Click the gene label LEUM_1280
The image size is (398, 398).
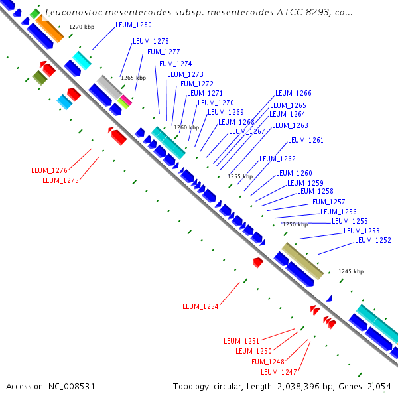point(133,25)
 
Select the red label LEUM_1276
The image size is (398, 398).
point(50,170)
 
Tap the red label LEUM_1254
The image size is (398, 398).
point(200,306)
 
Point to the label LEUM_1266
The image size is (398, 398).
point(293,94)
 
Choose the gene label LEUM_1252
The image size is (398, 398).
point(373,240)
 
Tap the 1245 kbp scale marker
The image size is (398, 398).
point(351,271)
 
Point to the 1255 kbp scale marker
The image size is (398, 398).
point(240,176)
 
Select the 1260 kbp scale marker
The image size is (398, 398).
point(186,127)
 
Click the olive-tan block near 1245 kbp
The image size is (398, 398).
point(302,261)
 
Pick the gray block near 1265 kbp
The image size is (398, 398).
point(108,87)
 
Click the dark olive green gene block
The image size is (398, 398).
point(40,78)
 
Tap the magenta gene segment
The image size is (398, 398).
point(124,99)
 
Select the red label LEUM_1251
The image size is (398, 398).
point(241,341)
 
